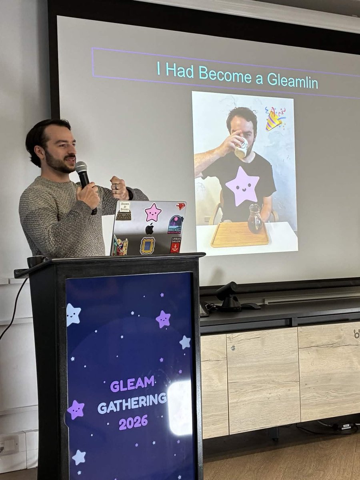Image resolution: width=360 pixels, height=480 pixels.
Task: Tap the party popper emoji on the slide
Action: (275, 118)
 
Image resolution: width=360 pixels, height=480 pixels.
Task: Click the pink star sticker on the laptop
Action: (153, 212)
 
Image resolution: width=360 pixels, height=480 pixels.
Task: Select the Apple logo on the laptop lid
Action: (150, 229)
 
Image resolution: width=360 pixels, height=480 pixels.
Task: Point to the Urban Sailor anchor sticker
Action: (176, 245)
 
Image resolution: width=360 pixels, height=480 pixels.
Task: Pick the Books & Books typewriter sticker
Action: (124, 211)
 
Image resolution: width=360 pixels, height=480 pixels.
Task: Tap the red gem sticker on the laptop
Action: (181, 206)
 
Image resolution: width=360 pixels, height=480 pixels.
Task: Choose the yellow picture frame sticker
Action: (147, 246)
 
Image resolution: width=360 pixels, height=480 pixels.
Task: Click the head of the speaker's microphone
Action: (81, 168)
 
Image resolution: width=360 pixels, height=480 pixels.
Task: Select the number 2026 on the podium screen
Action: (133, 422)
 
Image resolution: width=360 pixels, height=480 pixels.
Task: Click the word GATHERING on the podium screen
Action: (132, 401)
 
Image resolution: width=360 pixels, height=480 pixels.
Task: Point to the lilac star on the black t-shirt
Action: (242, 186)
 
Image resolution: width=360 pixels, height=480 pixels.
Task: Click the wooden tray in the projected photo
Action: (239, 235)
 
